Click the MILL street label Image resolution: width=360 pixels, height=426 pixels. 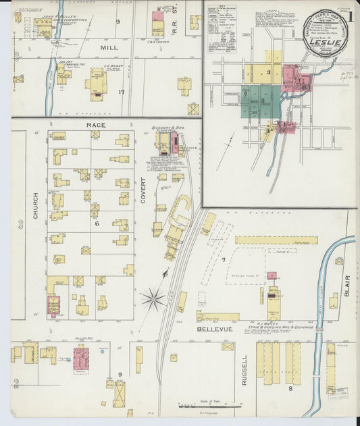click(109, 48)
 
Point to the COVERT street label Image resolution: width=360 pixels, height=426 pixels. click(143, 190)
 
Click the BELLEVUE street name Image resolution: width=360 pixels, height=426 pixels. click(215, 329)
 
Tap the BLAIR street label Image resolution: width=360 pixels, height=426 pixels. click(347, 284)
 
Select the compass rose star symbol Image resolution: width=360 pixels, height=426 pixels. click(153, 298)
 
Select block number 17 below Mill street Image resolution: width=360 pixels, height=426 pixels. click(122, 92)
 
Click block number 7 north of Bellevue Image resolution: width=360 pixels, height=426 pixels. click(223, 259)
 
